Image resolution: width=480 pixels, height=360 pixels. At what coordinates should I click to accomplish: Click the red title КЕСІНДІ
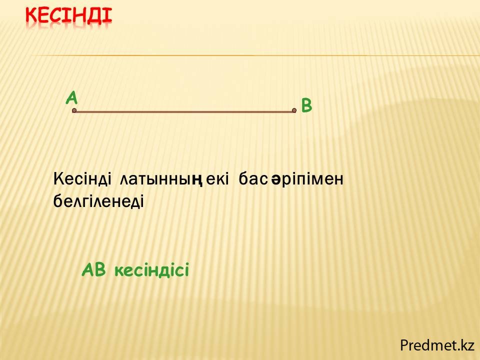(69, 15)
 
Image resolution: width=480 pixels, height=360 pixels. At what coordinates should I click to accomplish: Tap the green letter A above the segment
(72, 98)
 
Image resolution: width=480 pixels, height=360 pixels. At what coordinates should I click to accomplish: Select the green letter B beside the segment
(306, 105)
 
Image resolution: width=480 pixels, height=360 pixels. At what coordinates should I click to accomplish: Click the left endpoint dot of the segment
(74, 110)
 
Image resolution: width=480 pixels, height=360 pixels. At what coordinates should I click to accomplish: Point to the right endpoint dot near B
(294, 110)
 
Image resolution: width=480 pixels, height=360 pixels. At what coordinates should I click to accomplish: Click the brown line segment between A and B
(184, 111)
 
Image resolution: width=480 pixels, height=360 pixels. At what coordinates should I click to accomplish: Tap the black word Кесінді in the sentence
(82, 179)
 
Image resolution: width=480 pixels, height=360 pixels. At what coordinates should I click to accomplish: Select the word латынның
(161, 179)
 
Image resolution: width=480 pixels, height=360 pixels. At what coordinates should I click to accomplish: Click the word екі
(217, 179)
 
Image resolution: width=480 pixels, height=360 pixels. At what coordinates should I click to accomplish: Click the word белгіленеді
(98, 201)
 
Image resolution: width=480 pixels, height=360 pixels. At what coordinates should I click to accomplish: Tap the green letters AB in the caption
(94, 270)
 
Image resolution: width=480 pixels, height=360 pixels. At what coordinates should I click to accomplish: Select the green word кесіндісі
(152, 270)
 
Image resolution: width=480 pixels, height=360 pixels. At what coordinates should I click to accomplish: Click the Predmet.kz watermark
(437, 345)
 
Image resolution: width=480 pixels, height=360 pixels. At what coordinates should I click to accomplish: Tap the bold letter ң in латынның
(197, 180)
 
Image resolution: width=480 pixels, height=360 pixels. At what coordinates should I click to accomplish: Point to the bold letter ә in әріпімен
(276, 180)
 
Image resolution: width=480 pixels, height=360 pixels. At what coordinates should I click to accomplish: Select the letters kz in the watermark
(467, 345)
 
